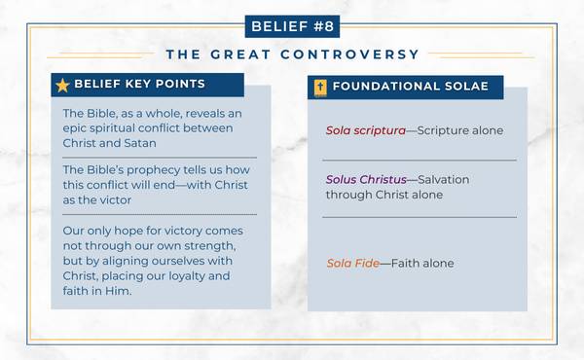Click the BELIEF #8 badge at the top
coord(292,24)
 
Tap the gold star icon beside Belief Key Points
coord(62,86)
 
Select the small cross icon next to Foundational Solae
coord(318,87)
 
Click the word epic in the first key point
coord(75,129)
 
